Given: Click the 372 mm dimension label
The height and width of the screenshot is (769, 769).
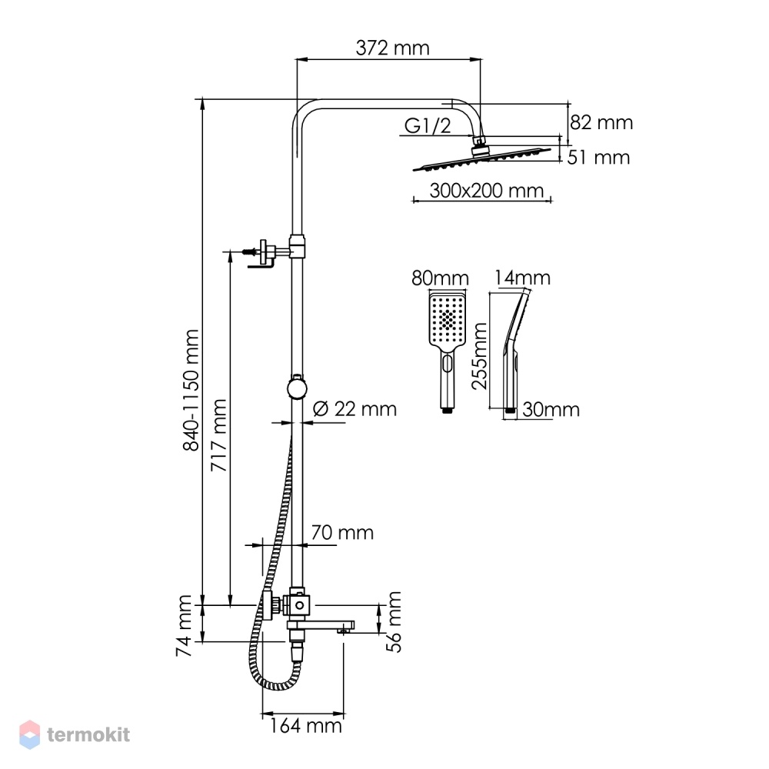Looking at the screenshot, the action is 392,48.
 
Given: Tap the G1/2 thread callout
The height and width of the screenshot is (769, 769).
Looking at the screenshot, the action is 427,126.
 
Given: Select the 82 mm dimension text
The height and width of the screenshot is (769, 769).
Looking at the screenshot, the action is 601,122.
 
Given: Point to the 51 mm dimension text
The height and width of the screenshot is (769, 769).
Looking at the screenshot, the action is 598,158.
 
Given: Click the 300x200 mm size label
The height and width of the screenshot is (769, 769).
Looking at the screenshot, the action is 487,190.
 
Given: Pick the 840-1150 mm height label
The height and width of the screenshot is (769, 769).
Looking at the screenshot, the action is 191,390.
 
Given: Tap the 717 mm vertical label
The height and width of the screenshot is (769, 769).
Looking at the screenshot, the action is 218,435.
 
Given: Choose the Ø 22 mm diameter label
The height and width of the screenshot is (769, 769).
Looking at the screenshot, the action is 355,408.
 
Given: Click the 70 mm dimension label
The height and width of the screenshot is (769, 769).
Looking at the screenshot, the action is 342,533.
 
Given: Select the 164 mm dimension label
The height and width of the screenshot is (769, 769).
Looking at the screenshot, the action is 305,725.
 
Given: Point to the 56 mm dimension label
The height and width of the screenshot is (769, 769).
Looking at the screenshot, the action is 394,621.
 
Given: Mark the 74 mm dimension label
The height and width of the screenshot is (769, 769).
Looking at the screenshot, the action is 184,626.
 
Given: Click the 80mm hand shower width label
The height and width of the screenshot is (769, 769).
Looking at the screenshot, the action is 440,278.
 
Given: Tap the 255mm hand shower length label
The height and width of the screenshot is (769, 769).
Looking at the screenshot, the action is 480,355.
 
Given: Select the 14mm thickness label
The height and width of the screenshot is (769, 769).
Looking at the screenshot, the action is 522,278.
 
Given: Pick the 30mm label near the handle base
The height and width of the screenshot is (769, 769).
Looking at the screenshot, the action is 551,409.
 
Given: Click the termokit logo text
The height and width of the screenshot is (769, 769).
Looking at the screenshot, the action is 88,734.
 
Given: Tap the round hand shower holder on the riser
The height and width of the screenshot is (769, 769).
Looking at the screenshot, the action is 297,388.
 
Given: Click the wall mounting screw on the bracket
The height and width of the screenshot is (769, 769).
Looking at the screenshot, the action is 250,252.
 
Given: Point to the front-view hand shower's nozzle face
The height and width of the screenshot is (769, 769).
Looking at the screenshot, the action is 448,318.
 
